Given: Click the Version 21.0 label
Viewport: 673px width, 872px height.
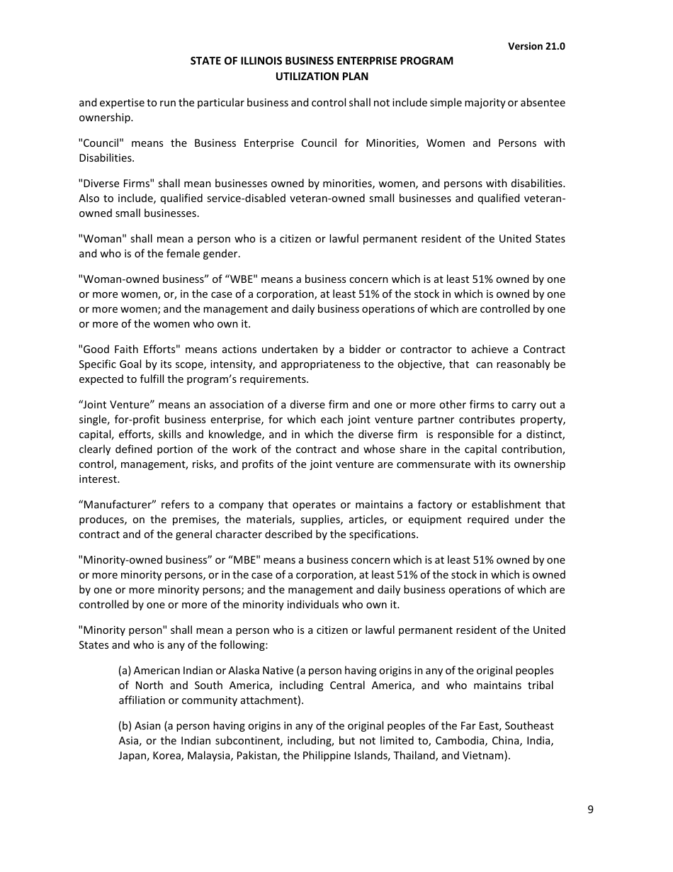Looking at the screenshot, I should click(x=536, y=46).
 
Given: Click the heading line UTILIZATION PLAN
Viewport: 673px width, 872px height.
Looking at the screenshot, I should click(x=322, y=76).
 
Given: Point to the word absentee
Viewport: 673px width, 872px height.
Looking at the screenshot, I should click(x=543, y=103).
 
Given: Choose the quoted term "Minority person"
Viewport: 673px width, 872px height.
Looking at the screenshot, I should click(x=123, y=630).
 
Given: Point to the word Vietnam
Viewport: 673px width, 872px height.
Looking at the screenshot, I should click(x=485, y=756).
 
